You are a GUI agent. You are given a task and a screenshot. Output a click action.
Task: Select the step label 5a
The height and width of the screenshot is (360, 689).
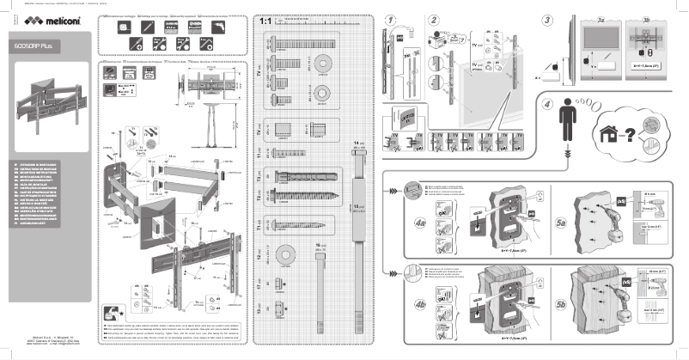[x=561, y=223]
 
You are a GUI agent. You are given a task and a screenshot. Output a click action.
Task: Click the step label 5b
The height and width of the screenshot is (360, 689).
[x=561, y=304]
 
